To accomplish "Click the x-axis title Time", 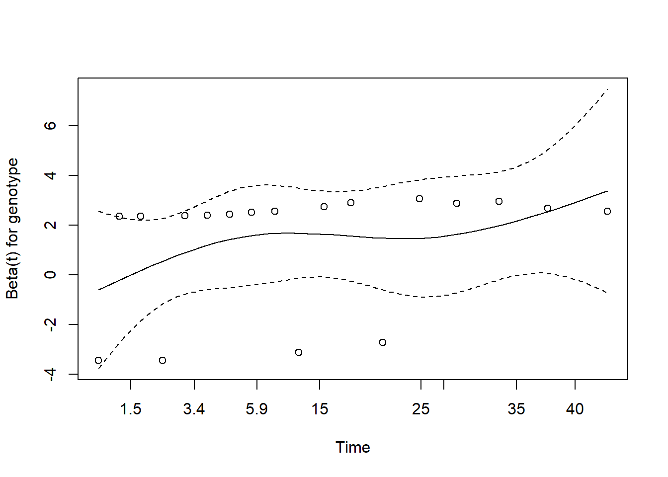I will pyautogui.click(x=352, y=447).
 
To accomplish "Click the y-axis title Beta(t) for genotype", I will pyautogui.click(x=12, y=229).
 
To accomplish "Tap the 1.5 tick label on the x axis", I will pyautogui.click(x=131, y=409).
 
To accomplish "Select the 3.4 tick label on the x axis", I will pyautogui.click(x=194, y=409).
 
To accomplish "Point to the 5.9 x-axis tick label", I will pyautogui.click(x=256, y=409).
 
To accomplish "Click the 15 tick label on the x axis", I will pyautogui.click(x=320, y=409).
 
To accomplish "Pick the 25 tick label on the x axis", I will pyautogui.click(x=421, y=409).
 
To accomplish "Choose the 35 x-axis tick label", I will pyautogui.click(x=516, y=409).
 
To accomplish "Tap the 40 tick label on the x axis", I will pyautogui.click(x=575, y=409).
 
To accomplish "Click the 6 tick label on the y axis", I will pyautogui.click(x=50, y=126).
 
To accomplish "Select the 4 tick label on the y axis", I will pyautogui.click(x=50, y=175).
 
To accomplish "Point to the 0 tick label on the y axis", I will pyautogui.click(x=50, y=275).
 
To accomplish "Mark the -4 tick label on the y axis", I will pyautogui.click(x=50, y=374).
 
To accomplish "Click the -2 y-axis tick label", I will pyautogui.click(x=50, y=324).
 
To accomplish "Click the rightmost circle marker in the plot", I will pyautogui.click(x=607, y=211).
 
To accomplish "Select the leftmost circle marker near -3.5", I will pyautogui.click(x=98, y=360).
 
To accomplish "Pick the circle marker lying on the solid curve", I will pyautogui.click(x=548, y=208).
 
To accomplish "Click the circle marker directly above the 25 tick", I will pyautogui.click(x=419, y=199).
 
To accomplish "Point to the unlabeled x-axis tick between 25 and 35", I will pyautogui.click(x=444, y=385).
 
